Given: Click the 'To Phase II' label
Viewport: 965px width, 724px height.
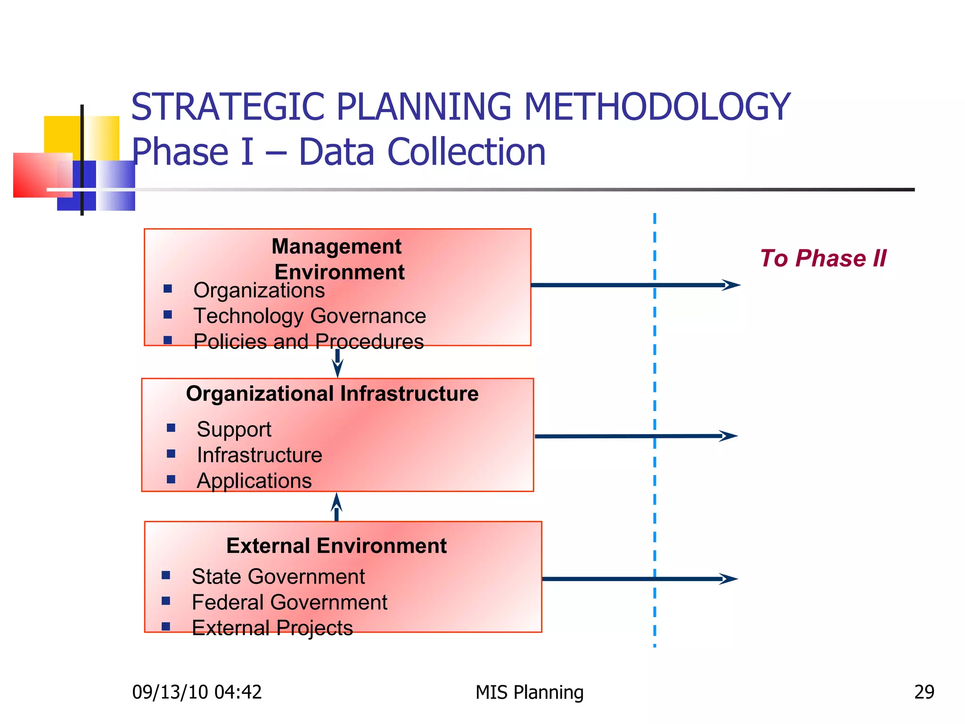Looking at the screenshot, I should point(823,258).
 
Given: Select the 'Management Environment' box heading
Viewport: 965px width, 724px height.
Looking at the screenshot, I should point(337,259).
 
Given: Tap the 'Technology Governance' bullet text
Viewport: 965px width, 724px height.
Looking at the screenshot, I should point(310,316).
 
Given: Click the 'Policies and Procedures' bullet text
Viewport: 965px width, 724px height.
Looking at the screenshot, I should point(308,341).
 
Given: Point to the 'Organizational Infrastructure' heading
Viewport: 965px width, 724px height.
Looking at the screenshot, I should point(332,394).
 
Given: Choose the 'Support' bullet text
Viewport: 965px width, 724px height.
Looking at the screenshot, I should point(234,429).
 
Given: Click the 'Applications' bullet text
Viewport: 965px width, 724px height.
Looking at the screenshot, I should point(254,481).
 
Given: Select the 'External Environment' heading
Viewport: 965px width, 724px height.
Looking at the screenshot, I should point(336,546).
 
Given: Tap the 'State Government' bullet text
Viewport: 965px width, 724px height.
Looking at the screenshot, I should point(278,576).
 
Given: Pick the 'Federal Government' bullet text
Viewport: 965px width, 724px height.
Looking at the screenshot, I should point(289,602).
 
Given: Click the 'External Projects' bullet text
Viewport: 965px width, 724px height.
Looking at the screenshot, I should point(272,628).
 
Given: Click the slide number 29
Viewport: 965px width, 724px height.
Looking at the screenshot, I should point(924,692).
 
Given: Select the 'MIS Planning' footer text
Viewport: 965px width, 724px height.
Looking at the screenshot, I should point(529,692).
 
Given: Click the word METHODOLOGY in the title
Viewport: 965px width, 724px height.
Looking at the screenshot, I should point(657,107).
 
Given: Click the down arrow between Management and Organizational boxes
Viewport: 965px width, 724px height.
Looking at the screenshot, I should point(337,363).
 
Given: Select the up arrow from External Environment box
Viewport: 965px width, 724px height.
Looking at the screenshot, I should point(336,507).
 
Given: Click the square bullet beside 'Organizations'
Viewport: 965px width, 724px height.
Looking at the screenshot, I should point(168,288).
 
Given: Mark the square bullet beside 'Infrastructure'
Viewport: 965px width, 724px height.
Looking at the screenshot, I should point(171,454).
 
